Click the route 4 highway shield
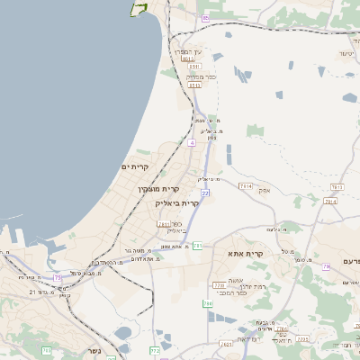192,142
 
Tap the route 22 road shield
205,193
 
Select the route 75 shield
58,277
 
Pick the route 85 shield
206,18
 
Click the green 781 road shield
197,245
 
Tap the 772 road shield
155,350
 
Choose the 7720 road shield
219,285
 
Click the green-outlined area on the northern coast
138,8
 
